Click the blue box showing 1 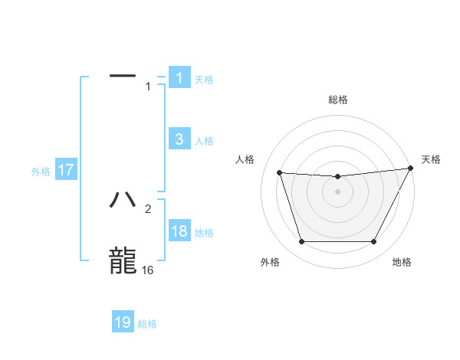pyautogui.click(x=179, y=78)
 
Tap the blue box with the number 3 pyautogui.click(x=179, y=139)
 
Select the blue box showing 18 pyautogui.click(x=179, y=232)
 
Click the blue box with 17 pyautogui.click(x=66, y=171)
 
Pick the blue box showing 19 pyautogui.click(x=123, y=322)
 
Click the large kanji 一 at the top pyautogui.click(x=123, y=76)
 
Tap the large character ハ pyautogui.click(x=123, y=200)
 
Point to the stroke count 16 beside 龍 pyautogui.click(x=147, y=270)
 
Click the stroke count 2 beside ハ pyautogui.click(x=148, y=208)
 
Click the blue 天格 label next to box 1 pyautogui.click(x=204, y=79)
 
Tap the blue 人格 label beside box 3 pyautogui.click(x=204, y=141)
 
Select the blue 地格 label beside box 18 pyautogui.click(x=204, y=233)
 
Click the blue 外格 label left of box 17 pyautogui.click(x=41, y=172)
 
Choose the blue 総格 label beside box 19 pyautogui.click(x=147, y=324)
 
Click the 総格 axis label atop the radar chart pyautogui.click(x=338, y=100)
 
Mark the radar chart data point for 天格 pyautogui.click(x=411, y=169)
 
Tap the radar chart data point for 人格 pyautogui.click(x=279, y=172)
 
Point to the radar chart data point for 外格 pyautogui.click(x=301, y=242)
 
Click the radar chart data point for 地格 pyautogui.click(x=374, y=242)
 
